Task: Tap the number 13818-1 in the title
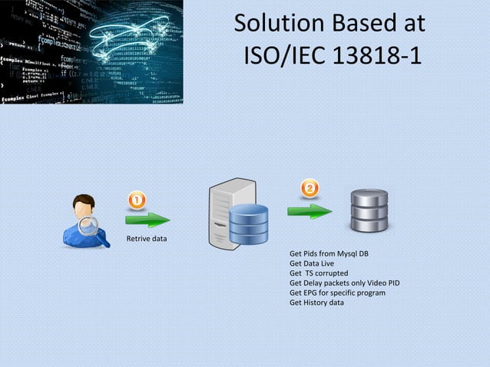[x=374, y=56]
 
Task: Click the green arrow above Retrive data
[x=148, y=220]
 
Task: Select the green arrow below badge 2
[x=310, y=210]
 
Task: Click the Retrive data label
[x=146, y=239]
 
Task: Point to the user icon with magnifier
[x=84, y=221]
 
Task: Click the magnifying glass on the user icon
[x=91, y=227]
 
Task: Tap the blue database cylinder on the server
[x=249, y=223]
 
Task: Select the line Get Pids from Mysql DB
[x=328, y=253]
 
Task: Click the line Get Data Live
[x=311, y=263]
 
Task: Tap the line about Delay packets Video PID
[x=344, y=283]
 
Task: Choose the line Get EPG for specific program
[x=337, y=293]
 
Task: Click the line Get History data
[x=316, y=303]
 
